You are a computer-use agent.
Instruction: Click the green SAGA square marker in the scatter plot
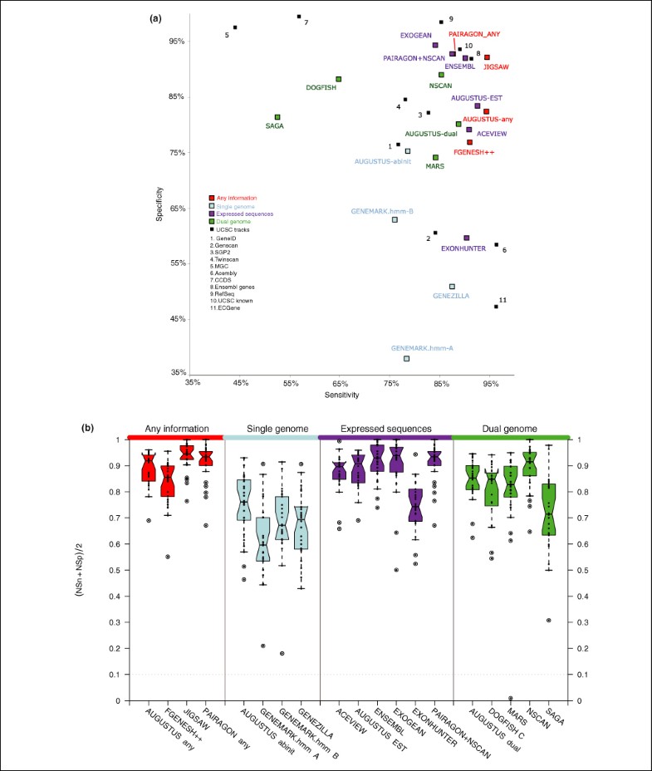tap(277, 117)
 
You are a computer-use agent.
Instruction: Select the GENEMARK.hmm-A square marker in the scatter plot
tap(407, 358)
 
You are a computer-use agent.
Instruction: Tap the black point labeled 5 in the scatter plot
tap(235, 27)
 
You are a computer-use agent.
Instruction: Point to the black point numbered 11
tap(496, 307)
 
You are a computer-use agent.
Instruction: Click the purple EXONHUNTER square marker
tap(467, 238)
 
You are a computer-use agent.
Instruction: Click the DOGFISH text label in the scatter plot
tap(321, 87)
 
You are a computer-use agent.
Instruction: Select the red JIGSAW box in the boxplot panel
tap(187, 453)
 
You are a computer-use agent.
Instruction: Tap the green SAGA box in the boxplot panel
tap(549, 509)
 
